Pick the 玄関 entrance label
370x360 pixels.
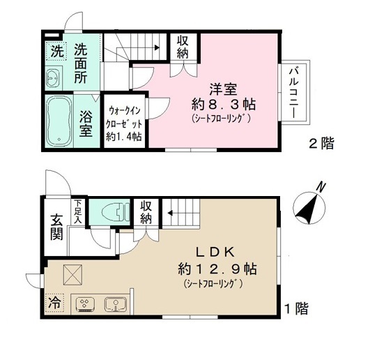pos(56,228)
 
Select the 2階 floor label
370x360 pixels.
pos(322,144)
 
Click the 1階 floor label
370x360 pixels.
pos(297,308)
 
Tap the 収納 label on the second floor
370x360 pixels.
pos(184,47)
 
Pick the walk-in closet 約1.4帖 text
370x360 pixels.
pos(125,137)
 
